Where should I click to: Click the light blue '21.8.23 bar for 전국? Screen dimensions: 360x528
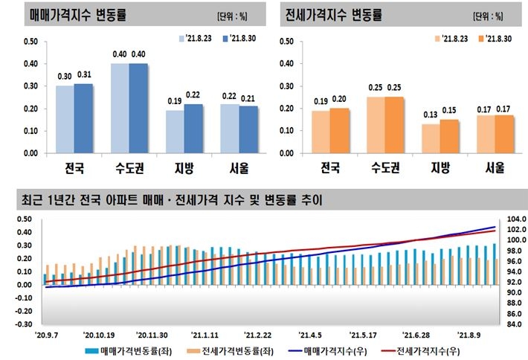pos(65,119)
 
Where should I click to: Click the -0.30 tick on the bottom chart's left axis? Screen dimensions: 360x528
pos(22,324)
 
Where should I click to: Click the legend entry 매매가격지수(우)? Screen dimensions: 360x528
pos(319,352)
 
